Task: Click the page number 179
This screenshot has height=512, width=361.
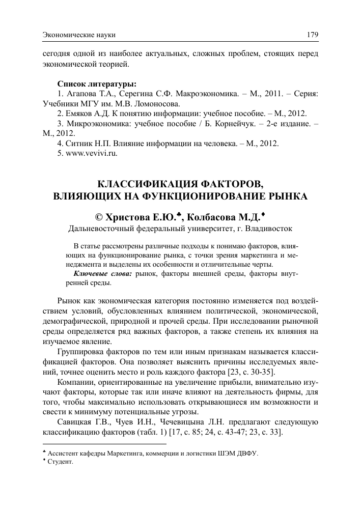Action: [312, 35]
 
